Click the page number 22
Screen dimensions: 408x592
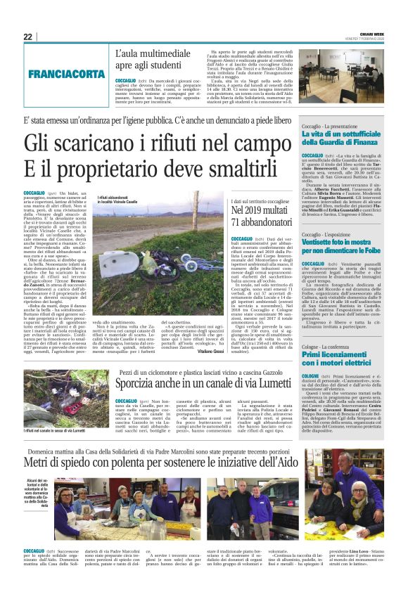(x=29, y=37)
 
